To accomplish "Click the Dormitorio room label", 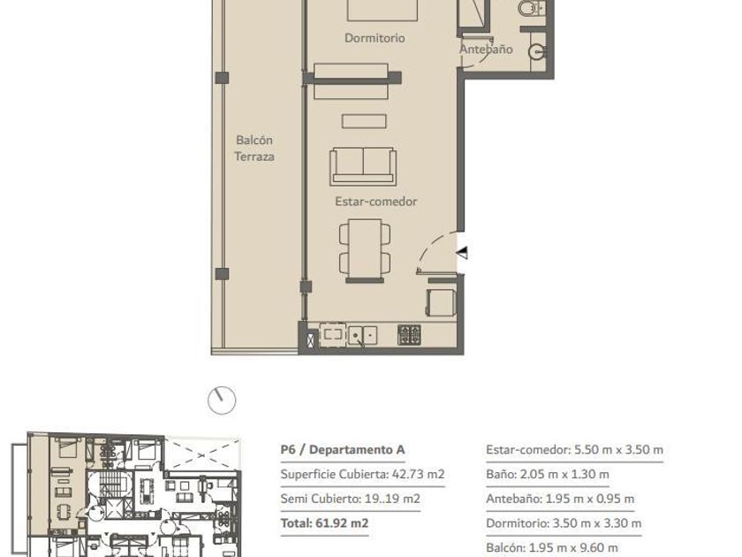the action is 375,38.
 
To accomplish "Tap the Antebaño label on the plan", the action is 486,50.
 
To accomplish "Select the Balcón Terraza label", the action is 254,149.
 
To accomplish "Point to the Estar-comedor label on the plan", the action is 375,202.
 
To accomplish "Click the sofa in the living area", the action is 363,166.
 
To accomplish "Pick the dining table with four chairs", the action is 365,250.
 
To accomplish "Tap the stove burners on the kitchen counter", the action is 409,335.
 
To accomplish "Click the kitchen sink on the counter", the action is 362,335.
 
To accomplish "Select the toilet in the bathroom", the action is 529,8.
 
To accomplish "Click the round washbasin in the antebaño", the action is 537,52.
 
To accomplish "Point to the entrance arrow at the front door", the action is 462,253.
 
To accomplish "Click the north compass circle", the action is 222,401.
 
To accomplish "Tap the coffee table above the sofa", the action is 364,121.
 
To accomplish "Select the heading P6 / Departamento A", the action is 343,449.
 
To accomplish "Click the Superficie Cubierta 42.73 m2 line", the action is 362,474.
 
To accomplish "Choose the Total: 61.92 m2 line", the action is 324,523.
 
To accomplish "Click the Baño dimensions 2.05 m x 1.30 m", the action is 548,474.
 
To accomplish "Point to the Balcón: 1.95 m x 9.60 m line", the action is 552,548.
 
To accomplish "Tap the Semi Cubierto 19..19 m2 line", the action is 350,499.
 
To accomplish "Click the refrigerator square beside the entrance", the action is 441,302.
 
